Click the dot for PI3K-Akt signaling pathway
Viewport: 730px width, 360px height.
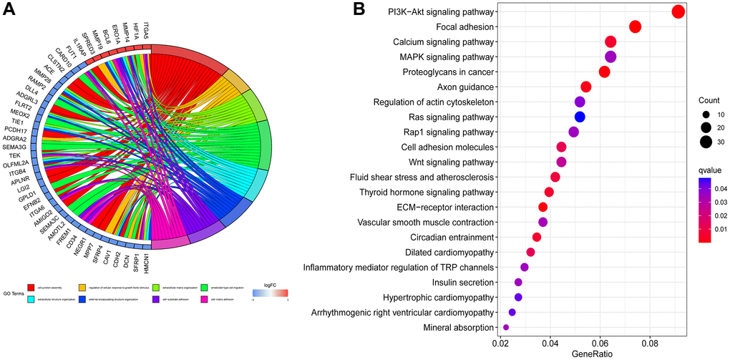[678, 11]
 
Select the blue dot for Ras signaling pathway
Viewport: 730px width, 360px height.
[580, 117]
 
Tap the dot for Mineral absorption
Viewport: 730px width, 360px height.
[506, 327]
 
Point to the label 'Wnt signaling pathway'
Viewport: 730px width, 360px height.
[447, 162]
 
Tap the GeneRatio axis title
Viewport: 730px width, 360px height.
[586, 354]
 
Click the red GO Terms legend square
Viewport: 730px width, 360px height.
[31, 288]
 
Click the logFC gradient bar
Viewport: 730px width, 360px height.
[270, 293]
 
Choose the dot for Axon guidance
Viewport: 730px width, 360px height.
[585, 87]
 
